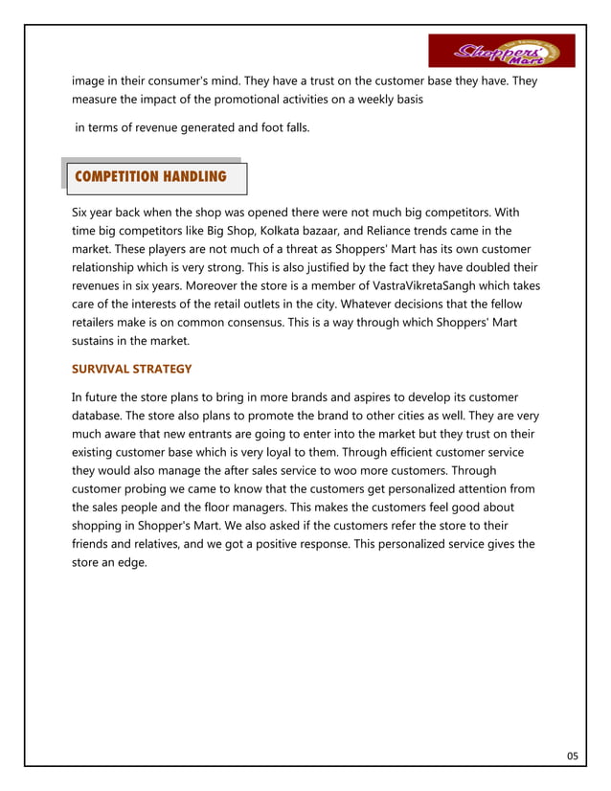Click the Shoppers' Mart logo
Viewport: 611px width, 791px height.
click(x=501, y=51)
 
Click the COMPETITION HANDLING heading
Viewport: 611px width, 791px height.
click(x=150, y=177)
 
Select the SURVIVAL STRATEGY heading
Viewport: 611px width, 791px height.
click(x=132, y=369)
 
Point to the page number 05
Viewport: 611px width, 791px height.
click(x=572, y=757)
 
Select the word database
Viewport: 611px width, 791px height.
click(x=100, y=416)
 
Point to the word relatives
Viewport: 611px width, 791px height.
click(x=164, y=544)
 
